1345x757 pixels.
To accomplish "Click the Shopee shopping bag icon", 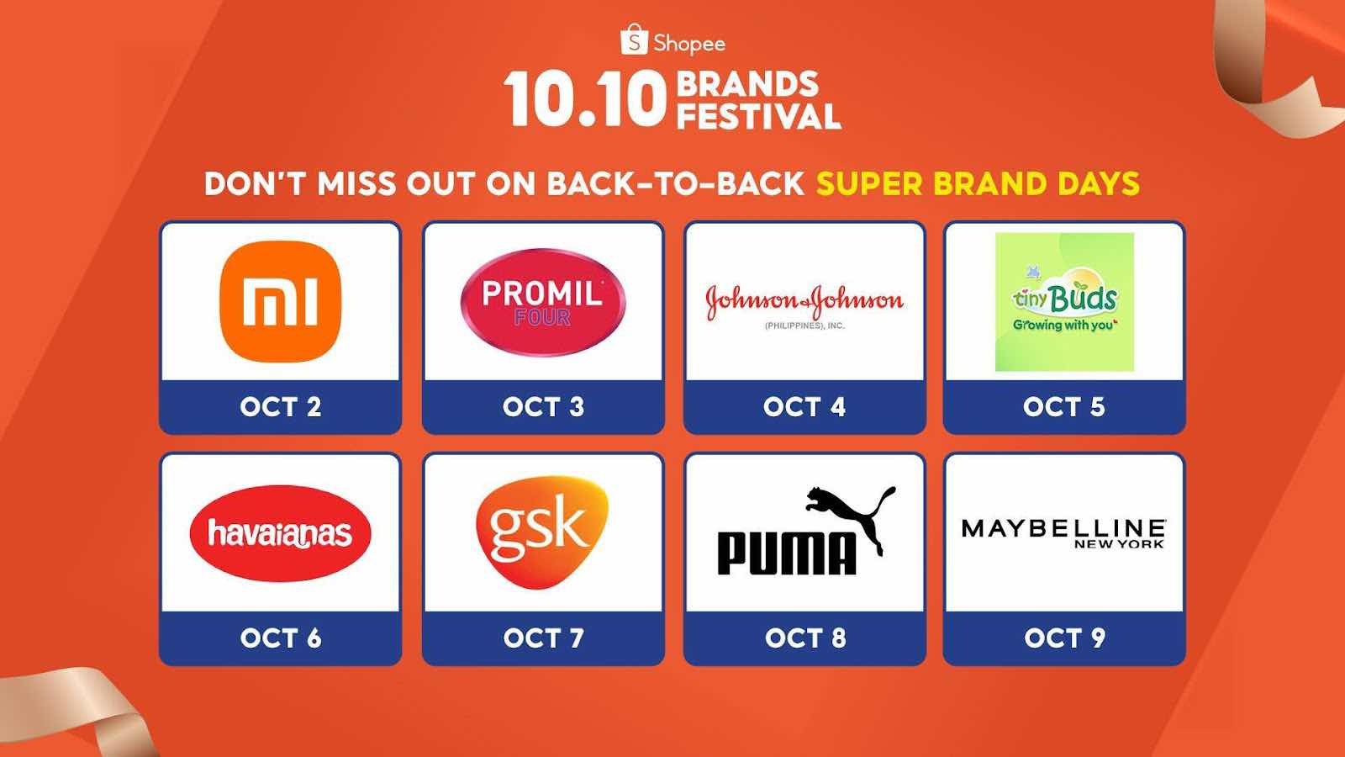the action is (634, 39).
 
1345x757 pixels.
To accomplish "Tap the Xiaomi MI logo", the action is (281, 302).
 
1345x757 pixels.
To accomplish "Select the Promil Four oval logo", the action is (543, 302).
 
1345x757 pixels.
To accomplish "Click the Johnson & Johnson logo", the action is (804, 305).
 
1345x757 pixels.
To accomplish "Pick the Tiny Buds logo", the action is (1064, 302).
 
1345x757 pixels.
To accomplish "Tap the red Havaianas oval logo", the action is (281, 533).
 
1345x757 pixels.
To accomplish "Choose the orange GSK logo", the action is (542, 532).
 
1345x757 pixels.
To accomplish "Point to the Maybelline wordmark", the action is (1063, 533).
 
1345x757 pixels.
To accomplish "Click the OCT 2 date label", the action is (281, 407).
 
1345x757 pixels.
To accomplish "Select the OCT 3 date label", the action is (543, 407).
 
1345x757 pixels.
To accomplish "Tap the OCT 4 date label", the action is (804, 407).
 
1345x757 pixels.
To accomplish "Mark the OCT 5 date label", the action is (1064, 407).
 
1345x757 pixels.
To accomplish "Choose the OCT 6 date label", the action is (281, 638).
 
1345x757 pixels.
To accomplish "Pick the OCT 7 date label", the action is (543, 638).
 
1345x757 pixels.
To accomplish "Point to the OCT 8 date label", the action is (805, 638).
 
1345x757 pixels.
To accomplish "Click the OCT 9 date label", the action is (1064, 638).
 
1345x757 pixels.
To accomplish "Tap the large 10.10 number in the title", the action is (585, 99).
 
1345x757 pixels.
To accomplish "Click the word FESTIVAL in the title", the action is (759, 116).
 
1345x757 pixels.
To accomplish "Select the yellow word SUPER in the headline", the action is (869, 183).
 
